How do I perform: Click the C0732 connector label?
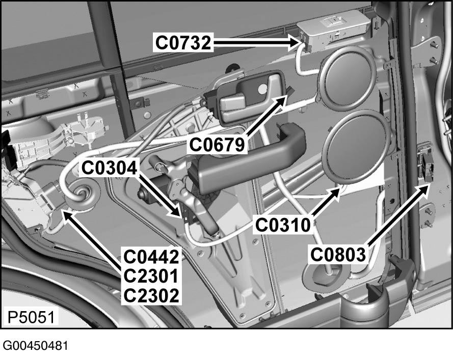(x=183, y=43)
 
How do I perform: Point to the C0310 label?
(x=283, y=224)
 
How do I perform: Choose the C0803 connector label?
(x=339, y=254)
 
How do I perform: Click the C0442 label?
(x=151, y=256)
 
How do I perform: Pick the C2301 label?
(x=151, y=275)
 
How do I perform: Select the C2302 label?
(x=151, y=295)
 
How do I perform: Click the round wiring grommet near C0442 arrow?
(x=82, y=196)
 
